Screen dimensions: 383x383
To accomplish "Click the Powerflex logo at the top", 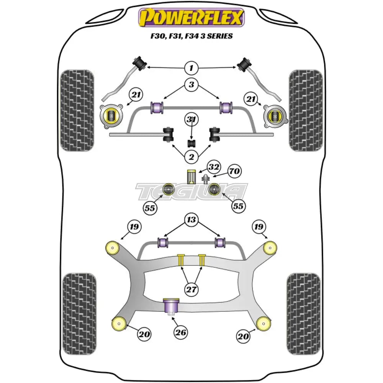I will [x=191, y=18].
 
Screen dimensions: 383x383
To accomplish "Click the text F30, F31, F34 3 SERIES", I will [x=191, y=36].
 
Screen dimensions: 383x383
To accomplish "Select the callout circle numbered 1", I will [x=191, y=69].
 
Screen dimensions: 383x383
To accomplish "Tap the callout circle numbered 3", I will [x=191, y=85].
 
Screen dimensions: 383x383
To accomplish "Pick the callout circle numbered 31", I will [x=191, y=120].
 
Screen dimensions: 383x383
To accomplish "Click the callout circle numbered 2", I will [x=191, y=156].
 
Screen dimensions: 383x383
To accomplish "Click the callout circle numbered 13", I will [x=191, y=219].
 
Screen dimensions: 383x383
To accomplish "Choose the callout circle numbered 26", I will [x=181, y=332].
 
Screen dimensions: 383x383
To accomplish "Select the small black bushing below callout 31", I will [x=191, y=143].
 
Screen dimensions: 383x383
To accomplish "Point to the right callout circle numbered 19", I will [x=259, y=227].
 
